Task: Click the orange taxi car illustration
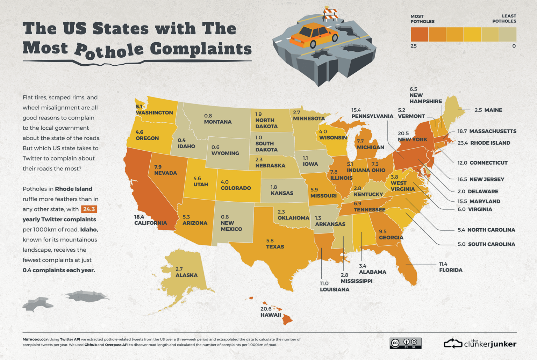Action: (313, 35)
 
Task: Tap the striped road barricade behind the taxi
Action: (330, 14)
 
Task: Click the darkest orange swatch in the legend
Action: (419, 35)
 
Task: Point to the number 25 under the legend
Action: (414, 46)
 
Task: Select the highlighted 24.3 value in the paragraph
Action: (89, 209)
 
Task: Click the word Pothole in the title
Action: (110, 50)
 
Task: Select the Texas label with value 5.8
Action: (275, 244)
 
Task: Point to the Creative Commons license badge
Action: (405, 343)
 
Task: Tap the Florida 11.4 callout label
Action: (450, 267)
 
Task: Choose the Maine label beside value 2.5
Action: (488, 110)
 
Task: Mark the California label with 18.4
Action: (150, 220)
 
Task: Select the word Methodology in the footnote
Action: (35, 339)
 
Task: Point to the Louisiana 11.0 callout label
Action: (334, 287)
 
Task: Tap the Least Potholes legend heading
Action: (504, 19)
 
